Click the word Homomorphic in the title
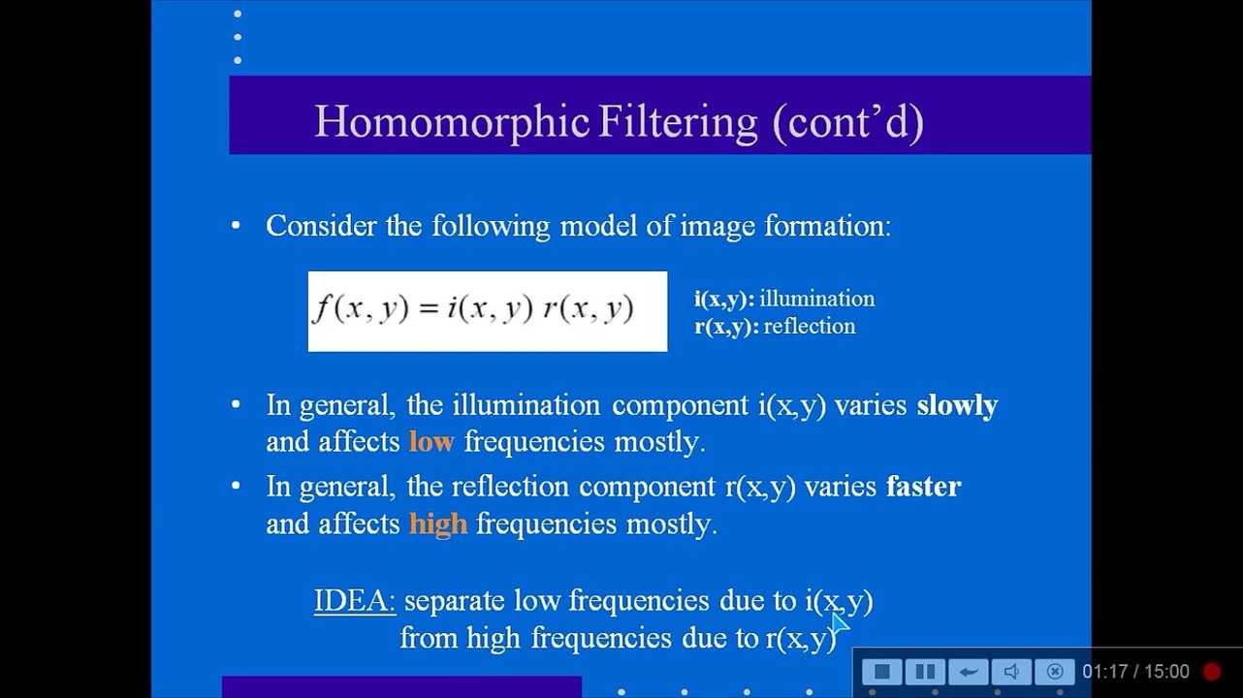(451, 122)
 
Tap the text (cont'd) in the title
(847, 122)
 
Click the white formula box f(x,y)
(487, 310)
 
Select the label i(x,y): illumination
(784, 299)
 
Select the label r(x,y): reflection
(775, 326)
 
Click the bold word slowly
(956, 405)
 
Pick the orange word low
(430, 442)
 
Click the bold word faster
(922, 486)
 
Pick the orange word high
(437, 523)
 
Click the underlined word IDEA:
(354, 601)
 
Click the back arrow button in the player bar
(968, 671)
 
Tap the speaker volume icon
(1011, 671)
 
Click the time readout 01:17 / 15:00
(1135, 671)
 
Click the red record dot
(1212, 671)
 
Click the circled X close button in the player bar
(1055, 671)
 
